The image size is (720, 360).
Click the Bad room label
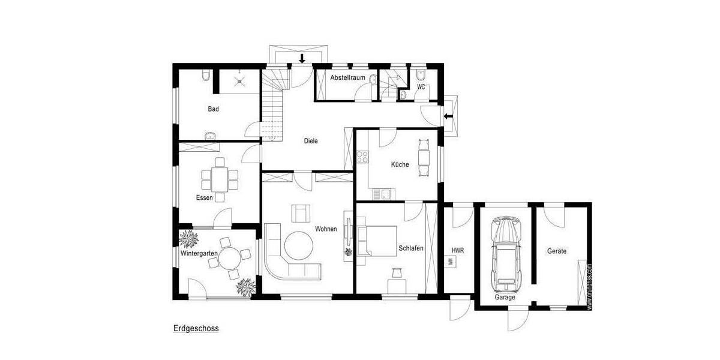[x=213, y=109]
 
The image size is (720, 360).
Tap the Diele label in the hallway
[x=310, y=141]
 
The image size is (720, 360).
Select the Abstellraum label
[x=347, y=77]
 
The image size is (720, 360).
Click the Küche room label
[x=400, y=164]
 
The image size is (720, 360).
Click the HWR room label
[x=458, y=250]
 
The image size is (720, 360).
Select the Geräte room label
[x=556, y=251]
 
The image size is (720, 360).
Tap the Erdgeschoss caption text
[x=196, y=328]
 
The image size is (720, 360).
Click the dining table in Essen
[x=220, y=178]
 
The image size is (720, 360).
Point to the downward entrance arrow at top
[x=302, y=58]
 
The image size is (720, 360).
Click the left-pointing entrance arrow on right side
[x=448, y=116]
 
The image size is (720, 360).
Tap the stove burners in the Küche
[x=362, y=157]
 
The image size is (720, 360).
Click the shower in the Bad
[x=239, y=80]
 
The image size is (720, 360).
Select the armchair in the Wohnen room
[x=301, y=213]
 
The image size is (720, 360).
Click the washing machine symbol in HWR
[x=449, y=262]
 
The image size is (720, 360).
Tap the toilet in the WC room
[x=421, y=76]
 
